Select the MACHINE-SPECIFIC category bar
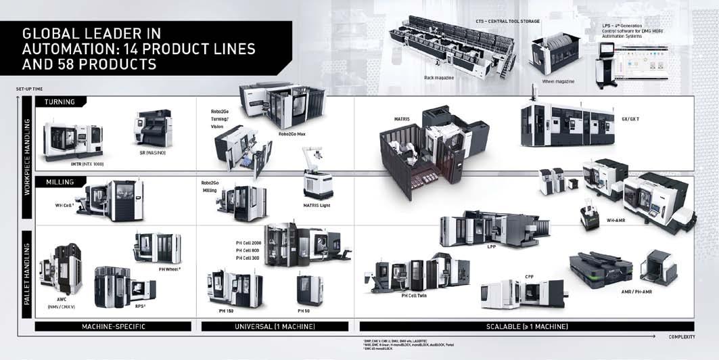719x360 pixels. pos(113,327)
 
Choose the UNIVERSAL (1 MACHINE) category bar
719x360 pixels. pos(275,327)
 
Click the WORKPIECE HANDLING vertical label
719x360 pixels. pos(28,158)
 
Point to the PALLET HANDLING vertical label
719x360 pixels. pos(28,270)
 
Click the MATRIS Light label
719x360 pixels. pos(316,204)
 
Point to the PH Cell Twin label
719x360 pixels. pos(413,296)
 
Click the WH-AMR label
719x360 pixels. pos(616,220)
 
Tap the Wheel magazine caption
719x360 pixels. pos(558,81)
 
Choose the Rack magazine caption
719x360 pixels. pos(439,78)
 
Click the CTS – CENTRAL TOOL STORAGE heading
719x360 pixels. pos(508,21)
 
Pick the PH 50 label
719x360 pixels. pos(305,311)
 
